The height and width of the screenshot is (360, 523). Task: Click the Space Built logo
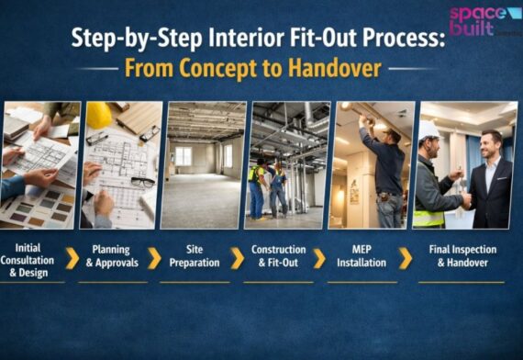(x=484, y=20)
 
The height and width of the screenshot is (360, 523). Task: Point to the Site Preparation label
(x=194, y=255)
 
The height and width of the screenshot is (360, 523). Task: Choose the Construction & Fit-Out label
(x=278, y=255)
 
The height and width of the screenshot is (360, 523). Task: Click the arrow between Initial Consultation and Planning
(x=72, y=257)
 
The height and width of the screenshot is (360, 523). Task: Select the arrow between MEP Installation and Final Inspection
(x=405, y=257)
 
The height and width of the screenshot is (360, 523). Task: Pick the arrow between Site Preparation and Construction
(x=237, y=257)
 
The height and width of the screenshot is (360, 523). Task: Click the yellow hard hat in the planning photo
(x=98, y=115)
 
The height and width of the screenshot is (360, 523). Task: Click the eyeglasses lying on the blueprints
(x=141, y=182)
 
